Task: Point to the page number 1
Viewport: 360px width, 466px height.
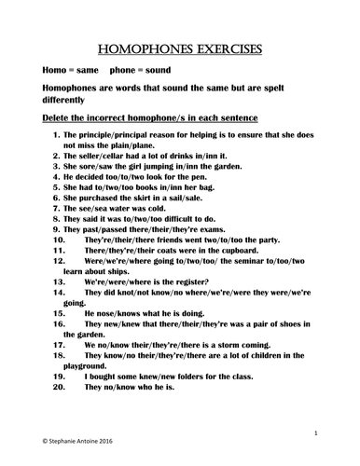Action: click(317, 432)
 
